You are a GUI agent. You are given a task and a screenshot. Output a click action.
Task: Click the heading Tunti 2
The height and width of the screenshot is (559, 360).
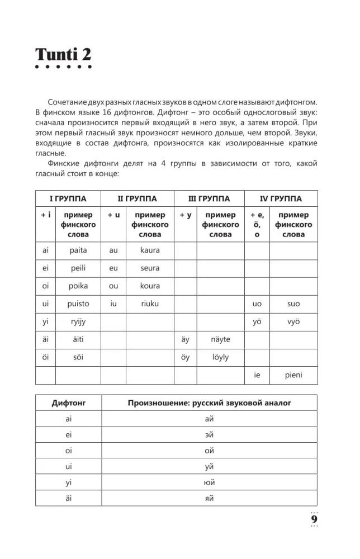(x=63, y=55)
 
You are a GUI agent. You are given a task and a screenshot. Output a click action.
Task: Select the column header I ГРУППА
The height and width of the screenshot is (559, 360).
(x=68, y=198)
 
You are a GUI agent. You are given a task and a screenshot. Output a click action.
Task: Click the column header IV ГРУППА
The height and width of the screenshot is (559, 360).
(x=281, y=198)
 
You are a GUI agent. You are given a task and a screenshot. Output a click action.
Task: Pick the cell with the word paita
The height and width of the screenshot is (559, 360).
(x=79, y=250)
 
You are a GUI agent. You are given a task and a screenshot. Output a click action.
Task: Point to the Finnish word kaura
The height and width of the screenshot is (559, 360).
(x=150, y=250)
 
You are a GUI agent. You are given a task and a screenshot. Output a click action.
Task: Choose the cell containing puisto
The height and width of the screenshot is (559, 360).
(x=79, y=304)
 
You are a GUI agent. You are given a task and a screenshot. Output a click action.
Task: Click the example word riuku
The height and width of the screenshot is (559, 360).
(x=150, y=304)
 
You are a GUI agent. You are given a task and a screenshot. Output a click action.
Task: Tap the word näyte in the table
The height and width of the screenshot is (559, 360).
(x=220, y=339)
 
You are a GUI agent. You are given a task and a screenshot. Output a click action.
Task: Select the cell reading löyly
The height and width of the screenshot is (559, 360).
(x=220, y=357)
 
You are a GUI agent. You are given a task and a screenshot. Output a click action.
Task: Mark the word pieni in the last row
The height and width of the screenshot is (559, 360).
(x=293, y=375)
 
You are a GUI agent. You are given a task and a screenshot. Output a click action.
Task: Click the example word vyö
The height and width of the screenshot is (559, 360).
(x=293, y=321)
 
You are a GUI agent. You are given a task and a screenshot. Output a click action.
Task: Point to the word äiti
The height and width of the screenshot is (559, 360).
(x=79, y=339)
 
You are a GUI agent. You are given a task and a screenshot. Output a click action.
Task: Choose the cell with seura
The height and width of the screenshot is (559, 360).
(x=150, y=268)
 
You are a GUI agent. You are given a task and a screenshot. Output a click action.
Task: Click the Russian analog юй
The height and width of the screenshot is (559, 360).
(x=210, y=482)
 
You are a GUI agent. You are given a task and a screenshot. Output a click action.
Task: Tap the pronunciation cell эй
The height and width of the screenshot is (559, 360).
(x=210, y=434)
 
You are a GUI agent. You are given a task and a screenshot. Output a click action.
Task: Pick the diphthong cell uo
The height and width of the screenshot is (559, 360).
(x=257, y=304)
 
